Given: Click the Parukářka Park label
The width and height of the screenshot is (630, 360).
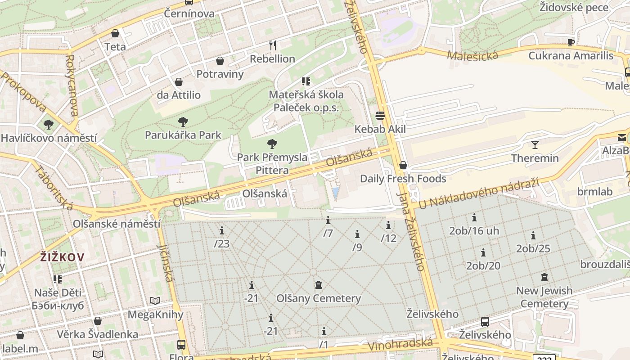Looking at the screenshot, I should coord(183,135).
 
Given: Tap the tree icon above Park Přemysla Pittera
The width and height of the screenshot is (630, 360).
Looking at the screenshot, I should coord(272,144).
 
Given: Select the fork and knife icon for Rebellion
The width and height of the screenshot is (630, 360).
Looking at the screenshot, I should coord(272,45).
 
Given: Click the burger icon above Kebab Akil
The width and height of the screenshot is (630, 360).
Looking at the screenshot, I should coord(380,116).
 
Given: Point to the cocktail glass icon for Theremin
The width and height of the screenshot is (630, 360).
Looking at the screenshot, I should coord(535,145).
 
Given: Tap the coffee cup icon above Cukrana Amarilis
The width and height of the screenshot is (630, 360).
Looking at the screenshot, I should coord(571,42).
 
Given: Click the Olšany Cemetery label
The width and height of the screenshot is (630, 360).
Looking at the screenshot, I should coord(319,298).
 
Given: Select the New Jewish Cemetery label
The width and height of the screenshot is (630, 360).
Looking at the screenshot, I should coord(544,297).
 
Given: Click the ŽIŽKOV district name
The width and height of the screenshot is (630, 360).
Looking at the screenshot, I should coord(62,257).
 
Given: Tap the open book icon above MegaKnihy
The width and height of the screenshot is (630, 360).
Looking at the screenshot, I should coord(155,301).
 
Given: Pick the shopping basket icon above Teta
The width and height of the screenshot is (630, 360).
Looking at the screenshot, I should coord(115,33).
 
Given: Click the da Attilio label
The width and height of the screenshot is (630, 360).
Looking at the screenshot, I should coord(179,95).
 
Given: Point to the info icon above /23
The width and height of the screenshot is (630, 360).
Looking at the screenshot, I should coord(222,231).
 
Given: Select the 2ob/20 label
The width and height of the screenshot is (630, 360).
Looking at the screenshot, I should coord(483,265).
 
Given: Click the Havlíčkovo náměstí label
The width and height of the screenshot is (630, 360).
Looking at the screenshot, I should coord(49,138).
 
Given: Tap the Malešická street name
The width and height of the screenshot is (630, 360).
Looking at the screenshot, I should coord(472,55).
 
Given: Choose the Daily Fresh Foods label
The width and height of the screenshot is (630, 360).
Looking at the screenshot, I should coord(403,179).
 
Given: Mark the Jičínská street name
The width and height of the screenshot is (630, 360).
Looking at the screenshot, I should coord(165,263).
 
